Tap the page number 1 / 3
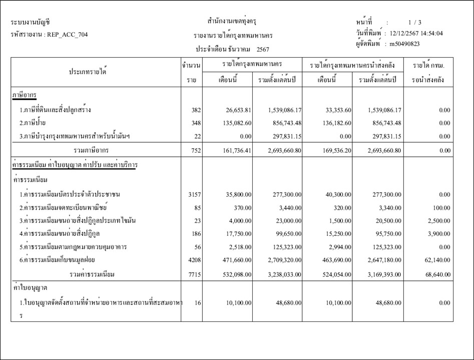pyautogui.click(x=415, y=23)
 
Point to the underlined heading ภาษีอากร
pyautogui.click(x=24, y=95)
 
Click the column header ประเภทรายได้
pyautogui.click(x=88, y=72)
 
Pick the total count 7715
pyautogui.click(x=194, y=274)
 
